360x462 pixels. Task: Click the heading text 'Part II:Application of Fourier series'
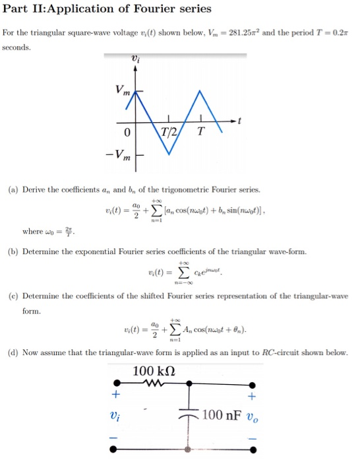(107, 9)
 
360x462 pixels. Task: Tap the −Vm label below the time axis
(121, 157)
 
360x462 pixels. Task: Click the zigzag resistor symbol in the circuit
(155, 383)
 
